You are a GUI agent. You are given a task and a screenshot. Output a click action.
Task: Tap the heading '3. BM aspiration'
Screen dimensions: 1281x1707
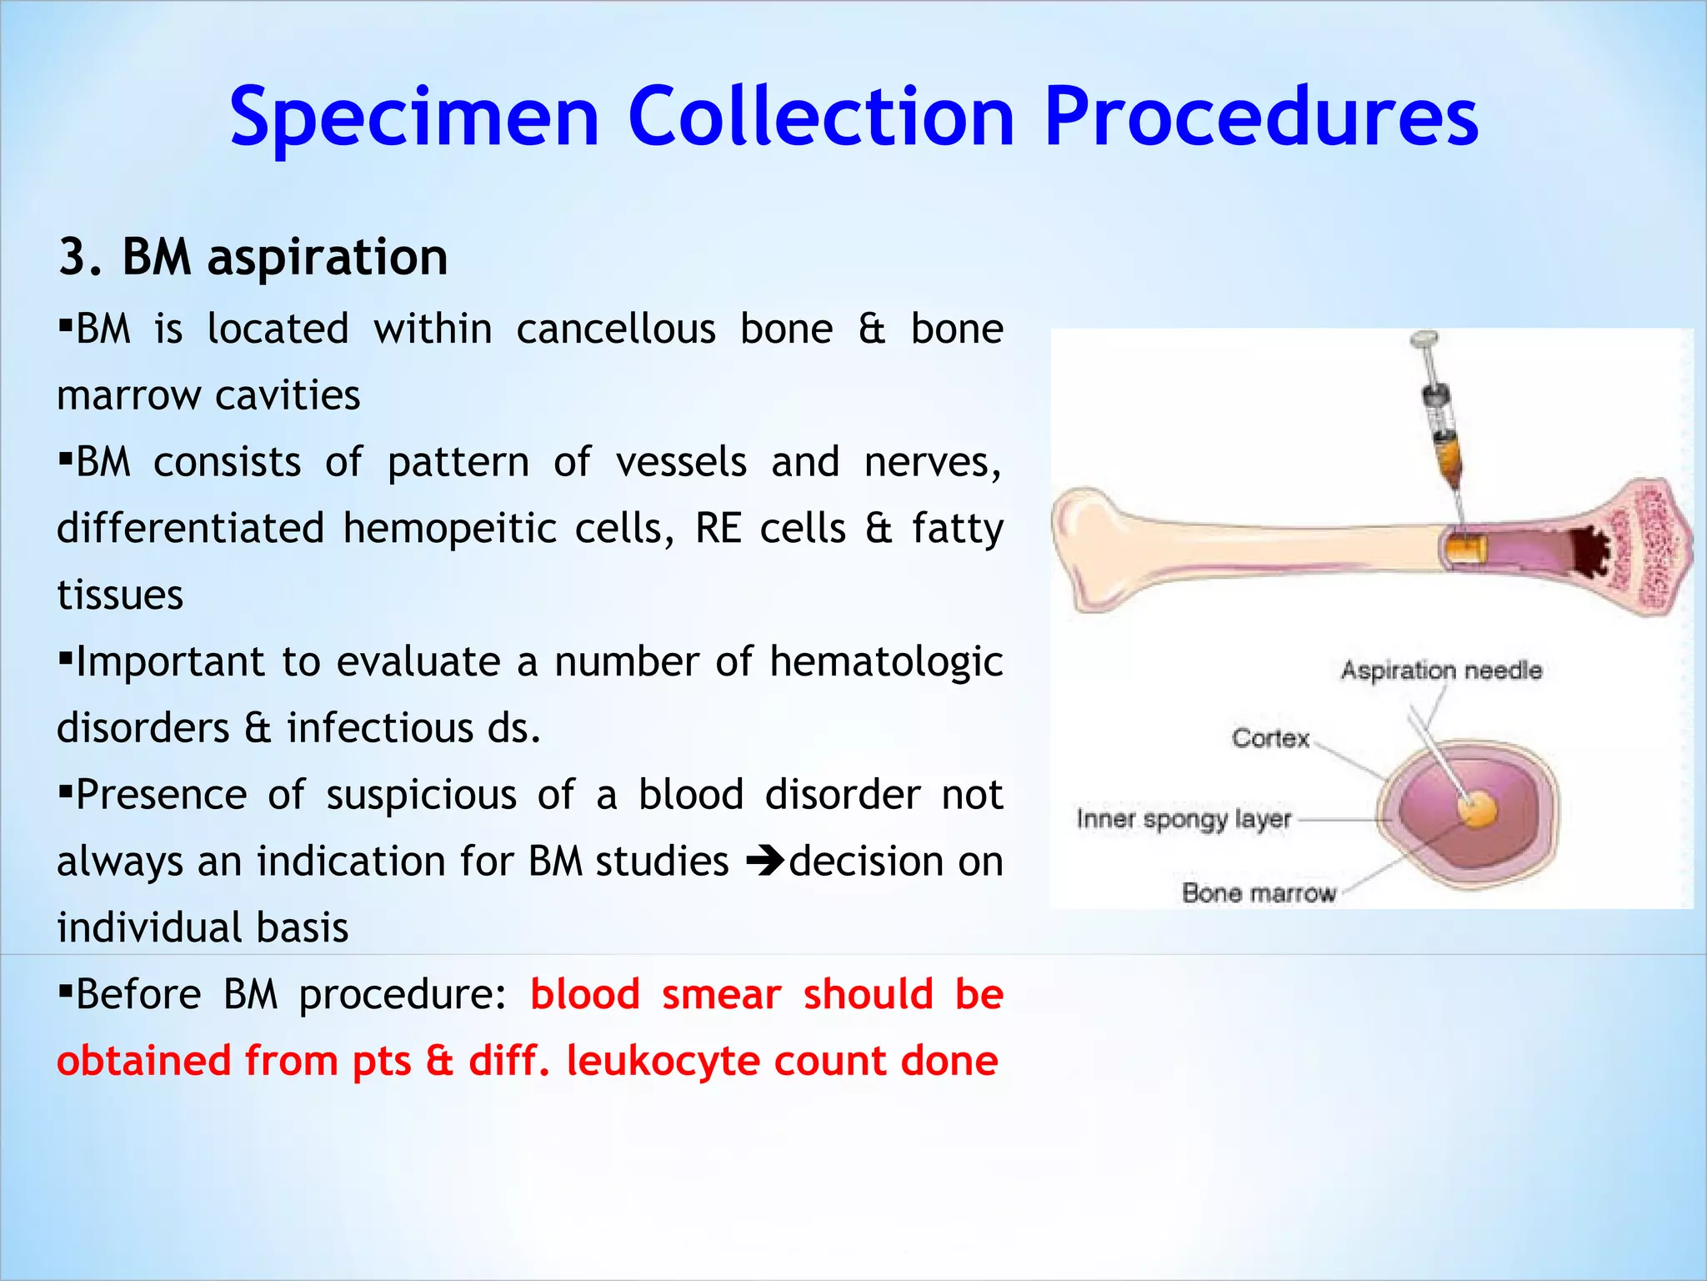(253, 257)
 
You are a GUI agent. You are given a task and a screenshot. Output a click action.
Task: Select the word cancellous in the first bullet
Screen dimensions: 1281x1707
(616, 329)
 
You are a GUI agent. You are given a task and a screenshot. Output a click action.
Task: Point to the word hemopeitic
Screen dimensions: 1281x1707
(449, 529)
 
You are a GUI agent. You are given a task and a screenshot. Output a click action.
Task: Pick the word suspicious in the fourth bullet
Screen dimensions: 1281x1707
(421, 795)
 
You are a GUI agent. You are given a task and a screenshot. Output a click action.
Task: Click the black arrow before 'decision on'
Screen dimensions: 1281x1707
(764, 862)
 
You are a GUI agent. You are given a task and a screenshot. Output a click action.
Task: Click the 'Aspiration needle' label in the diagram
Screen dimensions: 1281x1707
(1441, 671)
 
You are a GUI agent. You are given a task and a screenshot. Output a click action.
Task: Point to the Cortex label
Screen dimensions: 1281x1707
(1270, 738)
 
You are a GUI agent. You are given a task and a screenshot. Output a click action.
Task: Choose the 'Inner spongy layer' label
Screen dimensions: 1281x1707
(1183, 819)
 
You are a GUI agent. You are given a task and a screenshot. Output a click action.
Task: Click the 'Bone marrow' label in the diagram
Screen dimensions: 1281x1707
(1258, 893)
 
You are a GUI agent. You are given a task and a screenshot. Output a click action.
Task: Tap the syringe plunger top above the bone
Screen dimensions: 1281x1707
(1424, 339)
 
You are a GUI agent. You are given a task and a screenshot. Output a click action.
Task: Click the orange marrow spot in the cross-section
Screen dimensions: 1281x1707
(1476, 809)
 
